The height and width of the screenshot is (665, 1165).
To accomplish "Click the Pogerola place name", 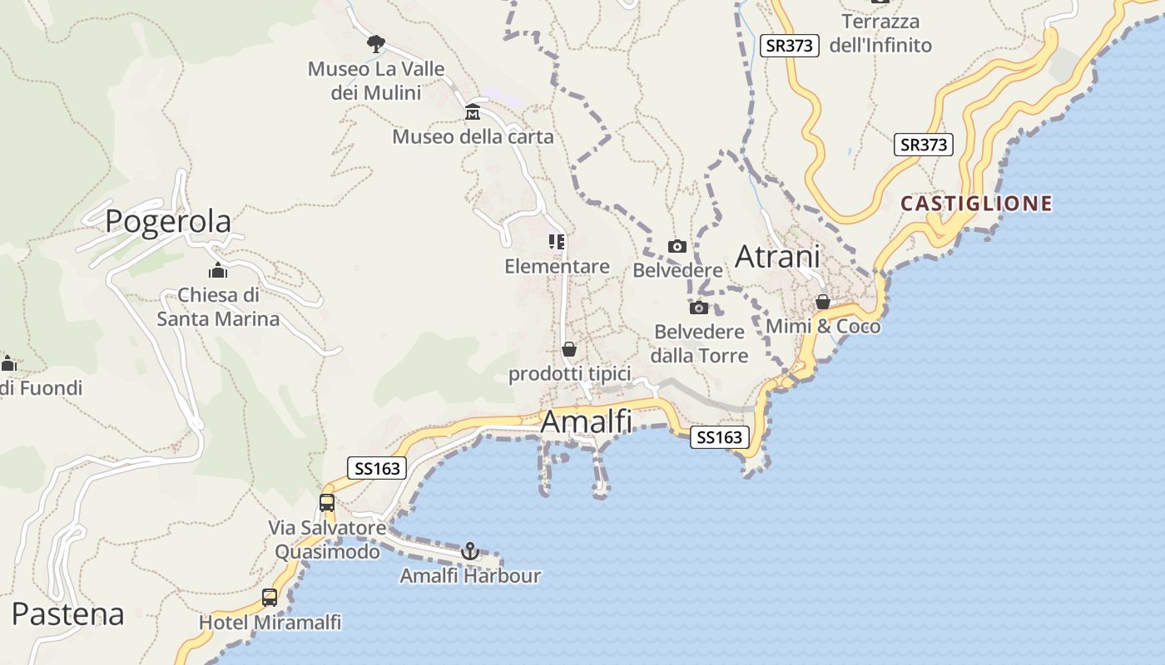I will pyautogui.click(x=168, y=222).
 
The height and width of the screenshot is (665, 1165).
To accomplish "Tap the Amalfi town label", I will pyautogui.click(x=586, y=422).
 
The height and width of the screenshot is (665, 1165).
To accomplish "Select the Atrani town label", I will pyautogui.click(x=777, y=257).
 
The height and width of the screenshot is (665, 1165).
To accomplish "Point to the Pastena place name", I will pyautogui.click(x=68, y=614).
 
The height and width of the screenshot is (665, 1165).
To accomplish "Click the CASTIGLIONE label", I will pyautogui.click(x=976, y=204).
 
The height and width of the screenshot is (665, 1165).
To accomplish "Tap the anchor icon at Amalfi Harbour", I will pyautogui.click(x=470, y=550).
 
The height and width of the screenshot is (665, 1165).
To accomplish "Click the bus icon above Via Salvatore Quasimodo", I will pyautogui.click(x=327, y=502).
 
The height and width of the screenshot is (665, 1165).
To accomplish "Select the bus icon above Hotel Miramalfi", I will pyautogui.click(x=270, y=597).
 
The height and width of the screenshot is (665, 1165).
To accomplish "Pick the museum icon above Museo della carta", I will pyautogui.click(x=473, y=112).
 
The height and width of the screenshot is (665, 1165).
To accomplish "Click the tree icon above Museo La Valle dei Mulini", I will pyautogui.click(x=376, y=42).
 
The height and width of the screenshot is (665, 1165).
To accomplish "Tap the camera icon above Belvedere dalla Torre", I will pyautogui.click(x=699, y=308).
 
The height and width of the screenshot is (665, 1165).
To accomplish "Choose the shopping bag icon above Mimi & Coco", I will pyautogui.click(x=823, y=302).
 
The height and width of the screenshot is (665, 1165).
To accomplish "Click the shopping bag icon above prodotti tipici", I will pyautogui.click(x=569, y=349).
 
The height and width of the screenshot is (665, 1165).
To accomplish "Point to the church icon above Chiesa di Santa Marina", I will pyautogui.click(x=218, y=270).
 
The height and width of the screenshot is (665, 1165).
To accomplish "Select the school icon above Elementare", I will pyautogui.click(x=557, y=242).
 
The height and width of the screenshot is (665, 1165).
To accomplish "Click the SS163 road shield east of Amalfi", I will pyautogui.click(x=719, y=437).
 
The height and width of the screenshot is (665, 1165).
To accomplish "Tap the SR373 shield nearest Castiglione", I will pyautogui.click(x=924, y=145).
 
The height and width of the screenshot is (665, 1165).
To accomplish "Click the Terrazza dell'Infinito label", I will pyautogui.click(x=880, y=33).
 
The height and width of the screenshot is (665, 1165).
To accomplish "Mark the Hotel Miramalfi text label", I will pyautogui.click(x=270, y=622).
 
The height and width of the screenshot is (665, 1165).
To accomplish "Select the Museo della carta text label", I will pyautogui.click(x=473, y=136).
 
